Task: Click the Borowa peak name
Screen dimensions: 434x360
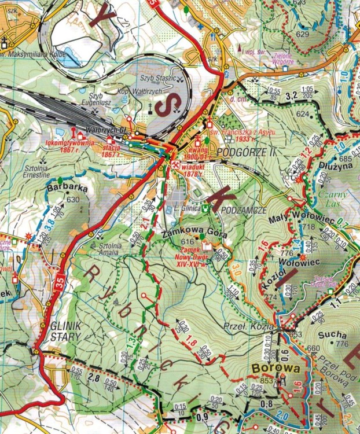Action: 275,367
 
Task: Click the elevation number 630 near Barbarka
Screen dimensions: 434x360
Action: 73,200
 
